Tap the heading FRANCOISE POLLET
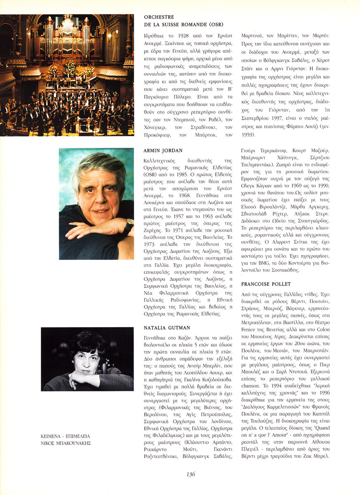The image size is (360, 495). (x=266, y=284)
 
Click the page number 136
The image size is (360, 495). (x=191, y=474)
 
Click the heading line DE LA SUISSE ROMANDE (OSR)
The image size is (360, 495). (x=178, y=24)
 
